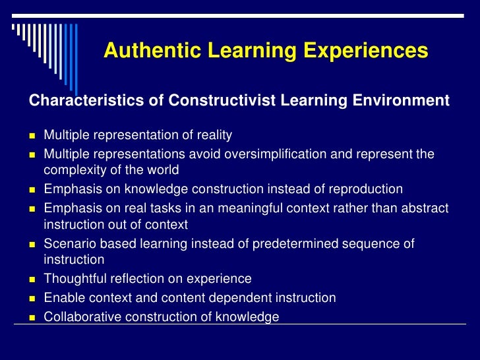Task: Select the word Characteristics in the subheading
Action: (x=72, y=102)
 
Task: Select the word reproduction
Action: (x=366, y=189)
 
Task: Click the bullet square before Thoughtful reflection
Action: (x=32, y=280)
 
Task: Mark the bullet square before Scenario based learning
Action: (x=32, y=245)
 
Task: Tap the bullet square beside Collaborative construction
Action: (x=32, y=318)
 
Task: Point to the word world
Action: (x=164, y=170)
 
